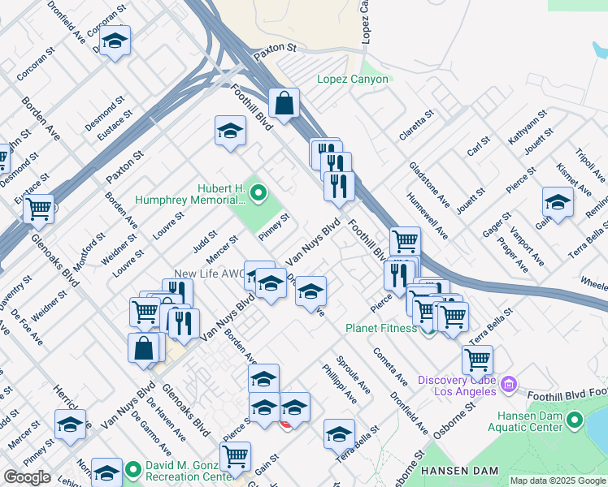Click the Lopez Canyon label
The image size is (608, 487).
[354, 80]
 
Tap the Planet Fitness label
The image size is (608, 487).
[380, 328]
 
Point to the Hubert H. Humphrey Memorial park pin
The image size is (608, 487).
[258, 193]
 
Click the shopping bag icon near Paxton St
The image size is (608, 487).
[284, 104]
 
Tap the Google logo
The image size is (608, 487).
[27, 477]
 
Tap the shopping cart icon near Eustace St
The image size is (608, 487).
[38, 209]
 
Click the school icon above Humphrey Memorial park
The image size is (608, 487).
[230, 131]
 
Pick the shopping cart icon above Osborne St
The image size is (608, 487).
[477, 360]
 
